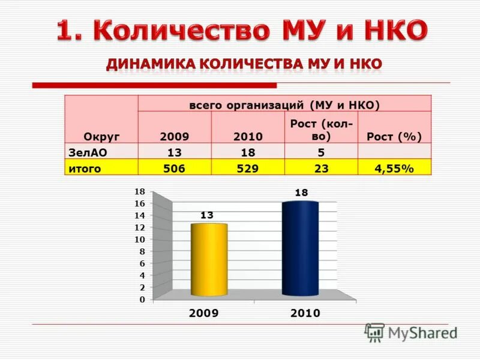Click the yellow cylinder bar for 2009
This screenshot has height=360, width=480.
[208, 260]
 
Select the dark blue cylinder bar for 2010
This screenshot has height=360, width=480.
[300, 248]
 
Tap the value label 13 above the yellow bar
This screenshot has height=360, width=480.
[207, 215]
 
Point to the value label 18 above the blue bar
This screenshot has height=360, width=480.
[301, 193]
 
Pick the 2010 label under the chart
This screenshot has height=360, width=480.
[305, 313]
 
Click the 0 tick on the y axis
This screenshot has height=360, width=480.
[142, 299]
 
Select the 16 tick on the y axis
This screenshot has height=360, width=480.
[140, 203]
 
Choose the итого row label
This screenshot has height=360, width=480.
[85, 169]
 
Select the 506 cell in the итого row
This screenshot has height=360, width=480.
[175, 169]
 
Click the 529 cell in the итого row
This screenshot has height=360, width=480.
[247, 169]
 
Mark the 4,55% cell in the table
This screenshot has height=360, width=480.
[394, 169]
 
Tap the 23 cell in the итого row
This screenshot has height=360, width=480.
[321, 169]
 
